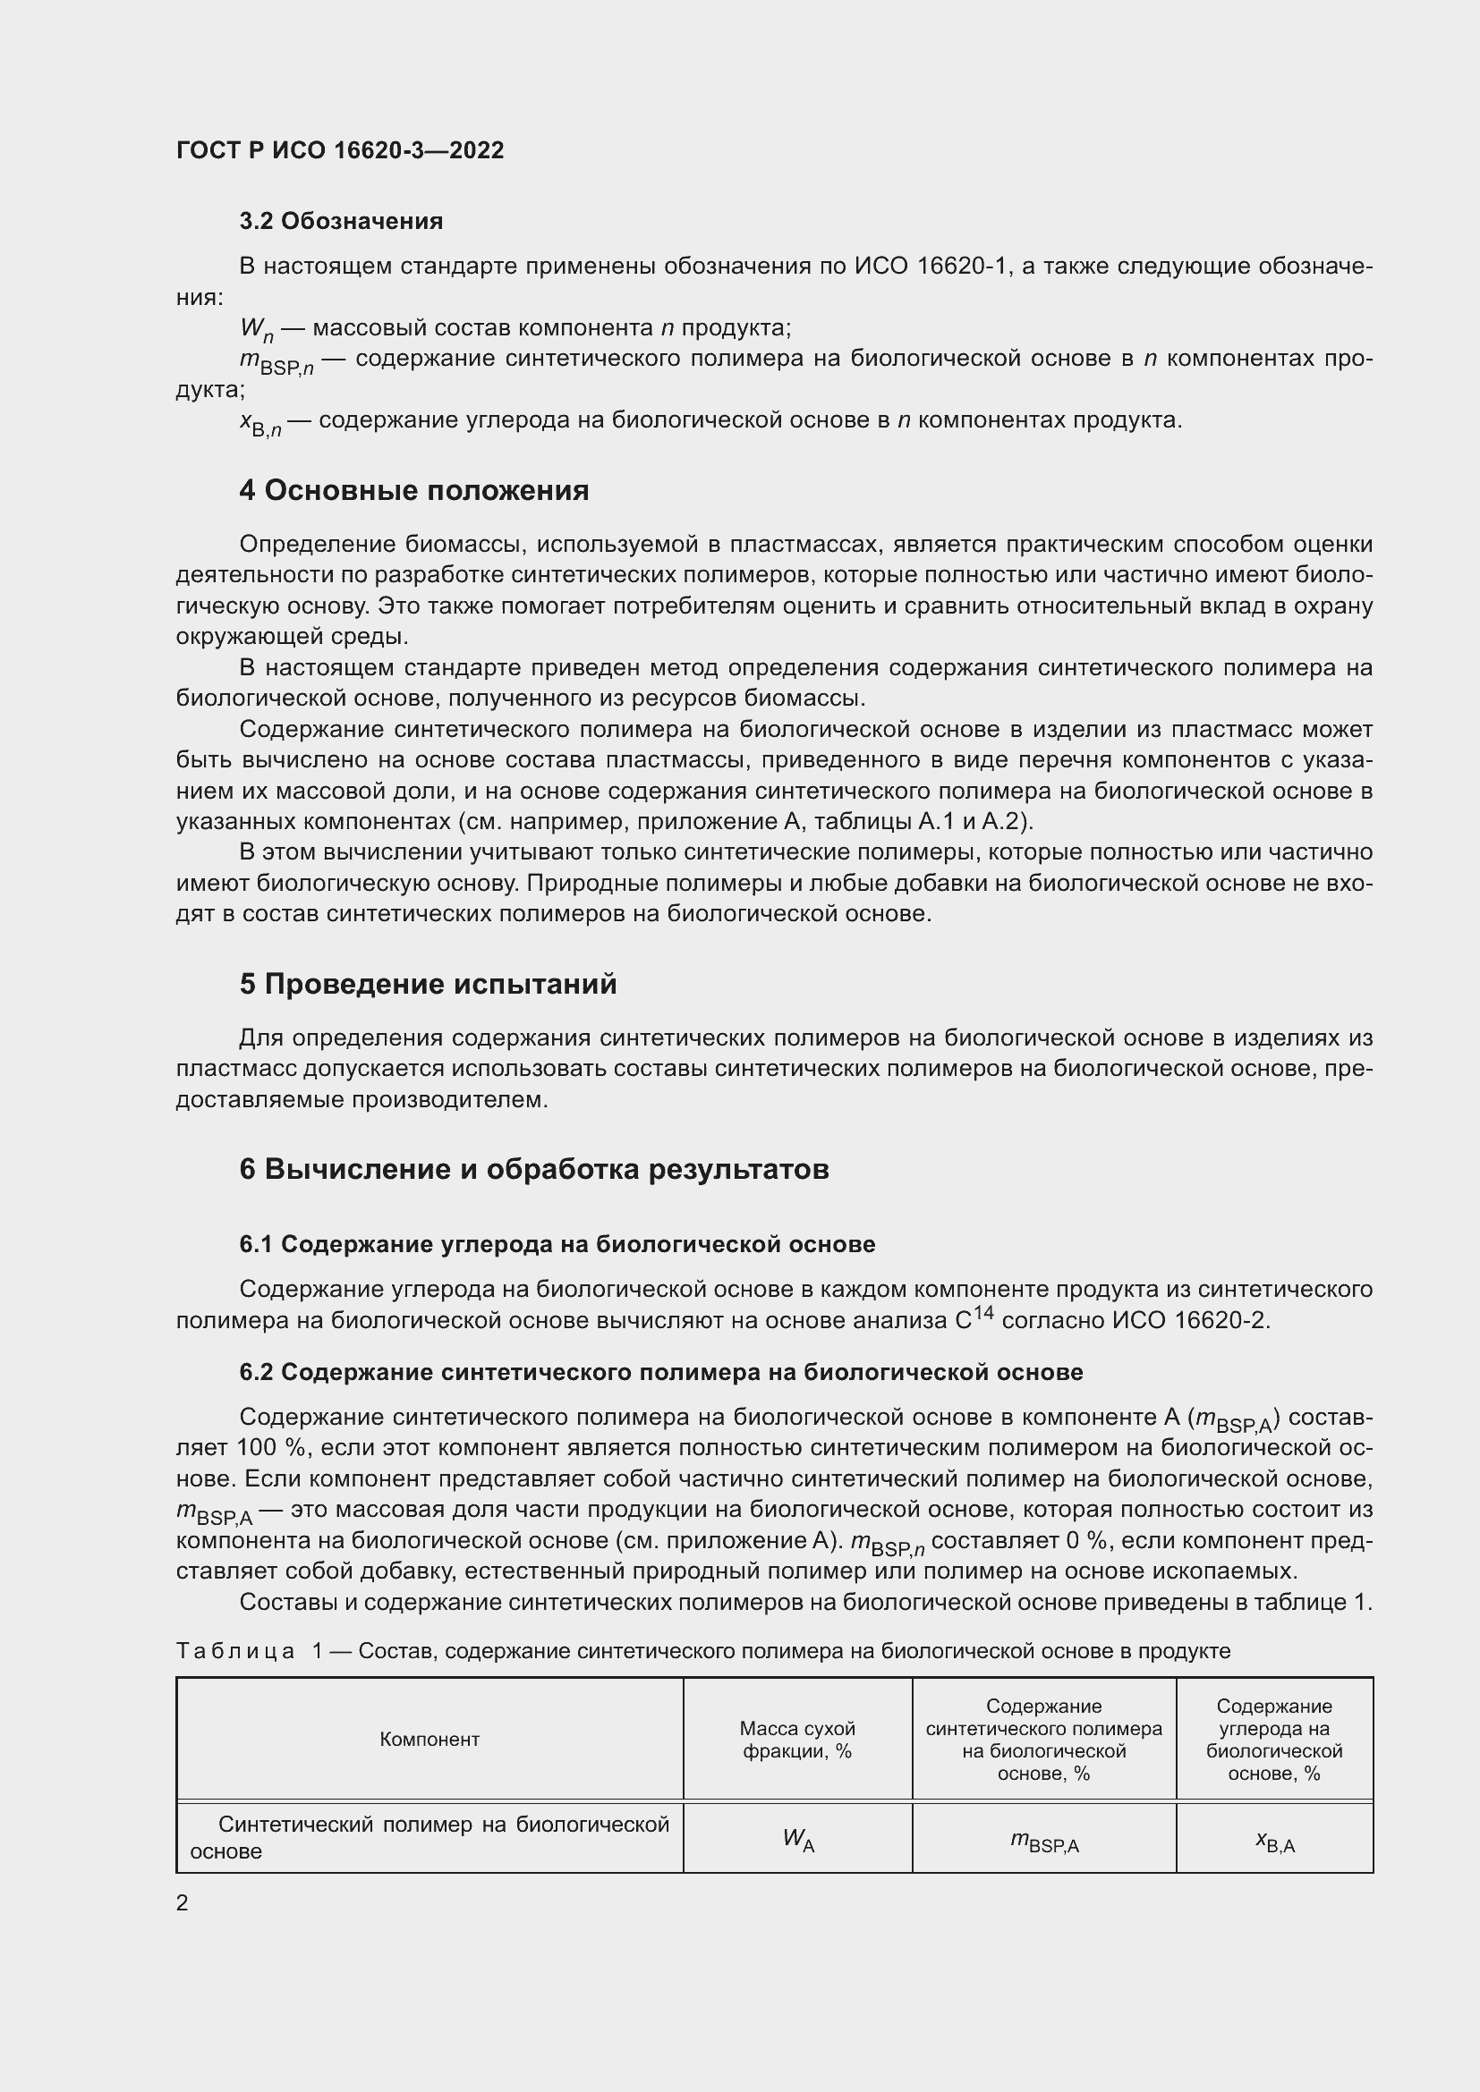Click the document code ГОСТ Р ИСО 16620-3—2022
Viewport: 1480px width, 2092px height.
(x=340, y=150)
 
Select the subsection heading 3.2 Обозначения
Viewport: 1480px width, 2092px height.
(x=341, y=222)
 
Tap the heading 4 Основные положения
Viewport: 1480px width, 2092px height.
(x=413, y=490)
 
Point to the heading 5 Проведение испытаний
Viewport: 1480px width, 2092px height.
(x=428, y=984)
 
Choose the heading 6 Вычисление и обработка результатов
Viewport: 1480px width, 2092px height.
(x=534, y=1169)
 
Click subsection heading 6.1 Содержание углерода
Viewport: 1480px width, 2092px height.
(x=557, y=1244)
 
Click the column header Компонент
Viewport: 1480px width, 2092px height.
(x=430, y=1739)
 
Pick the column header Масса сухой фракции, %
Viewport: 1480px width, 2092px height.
(x=797, y=1740)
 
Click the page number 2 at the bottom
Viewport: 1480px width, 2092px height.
(x=183, y=1902)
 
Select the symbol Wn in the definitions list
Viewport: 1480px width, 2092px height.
(x=256, y=330)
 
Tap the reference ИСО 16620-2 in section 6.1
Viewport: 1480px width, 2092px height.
(x=1189, y=1320)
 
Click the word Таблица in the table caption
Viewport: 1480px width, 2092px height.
(x=235, y=1651)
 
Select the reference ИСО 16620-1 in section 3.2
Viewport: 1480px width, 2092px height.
(x=933, y=267)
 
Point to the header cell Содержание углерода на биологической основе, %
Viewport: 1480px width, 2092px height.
(x=1274, y=1740)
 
